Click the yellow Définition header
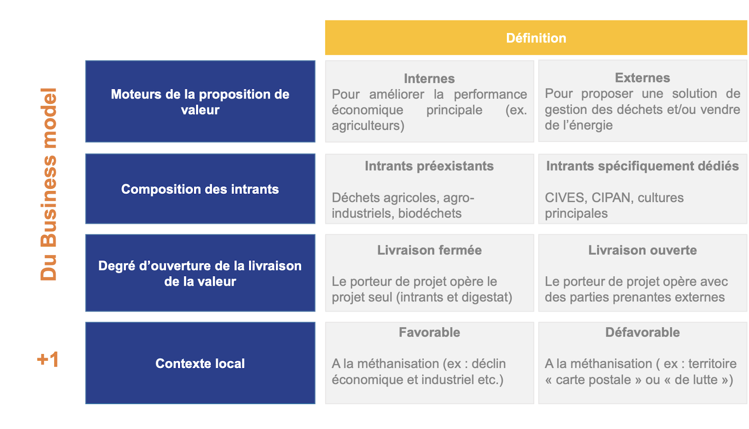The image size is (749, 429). tap(536, 38)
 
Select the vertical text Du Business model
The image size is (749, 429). tap(49, 184)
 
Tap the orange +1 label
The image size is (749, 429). tap(48, 360)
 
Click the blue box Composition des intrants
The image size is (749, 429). tap(200, 189)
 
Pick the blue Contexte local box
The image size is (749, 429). tap(200, 363)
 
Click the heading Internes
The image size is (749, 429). tap(429, 78)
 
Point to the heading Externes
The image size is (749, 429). tap(643, 78)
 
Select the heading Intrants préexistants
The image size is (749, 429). tap(429, 166)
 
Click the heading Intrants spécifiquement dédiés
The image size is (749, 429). tap(643, 166)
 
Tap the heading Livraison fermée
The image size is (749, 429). tap(429, 250)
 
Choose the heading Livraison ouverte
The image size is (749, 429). tap(643, 250)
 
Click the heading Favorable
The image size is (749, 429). tap(429, 332)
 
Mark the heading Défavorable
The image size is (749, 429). tap(643, 332)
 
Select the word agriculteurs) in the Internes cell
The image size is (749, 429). tap(368, 126)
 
